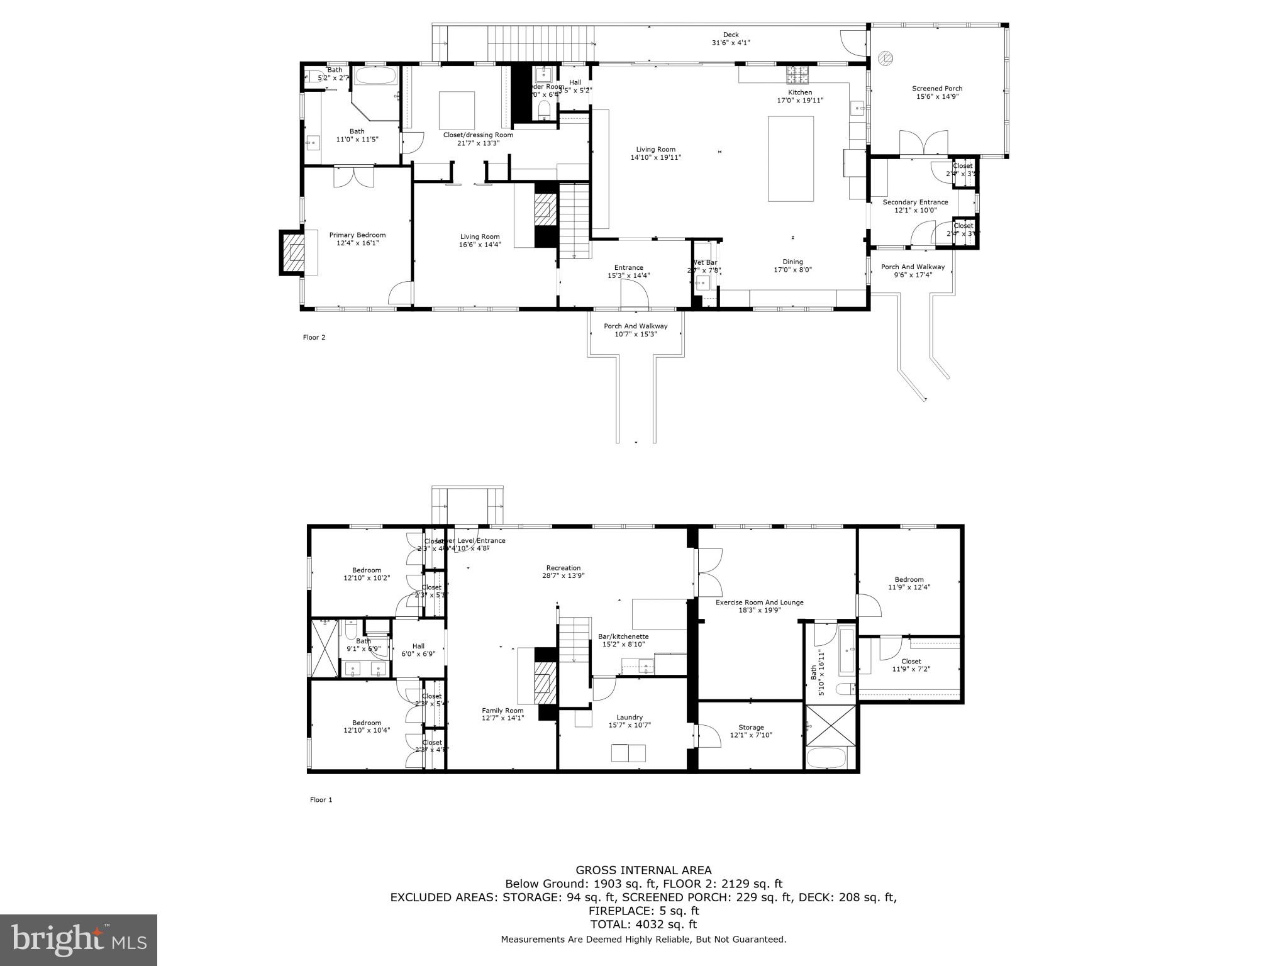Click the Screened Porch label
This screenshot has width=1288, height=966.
click(937, 92)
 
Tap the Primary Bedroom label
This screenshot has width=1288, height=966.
click(357, 239)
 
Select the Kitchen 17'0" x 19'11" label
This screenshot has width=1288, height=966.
click(800, 96)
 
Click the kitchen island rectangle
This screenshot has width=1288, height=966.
click(791, 158)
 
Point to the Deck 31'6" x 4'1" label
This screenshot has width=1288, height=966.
click(730, 39)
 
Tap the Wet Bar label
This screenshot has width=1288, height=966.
click(704, 266)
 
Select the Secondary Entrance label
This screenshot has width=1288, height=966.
click(915, 206)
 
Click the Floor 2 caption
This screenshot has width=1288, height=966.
click(314, 338)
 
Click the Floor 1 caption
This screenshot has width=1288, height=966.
click(321, 800)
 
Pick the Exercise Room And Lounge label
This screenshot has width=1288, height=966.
click(759, 606)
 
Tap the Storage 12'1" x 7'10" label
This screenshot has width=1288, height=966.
click(751, 731)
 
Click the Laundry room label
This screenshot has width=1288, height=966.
click(629, 721)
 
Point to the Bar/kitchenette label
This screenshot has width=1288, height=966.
click(623, 640)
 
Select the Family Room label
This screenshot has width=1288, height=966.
click(502, 714)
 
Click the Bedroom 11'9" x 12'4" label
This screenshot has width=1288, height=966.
click(909, 583)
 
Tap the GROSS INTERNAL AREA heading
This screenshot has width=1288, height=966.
click(643, 870)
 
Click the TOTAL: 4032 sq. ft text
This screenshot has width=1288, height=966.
click(643, 924)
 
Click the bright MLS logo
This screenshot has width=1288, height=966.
click(79, 940)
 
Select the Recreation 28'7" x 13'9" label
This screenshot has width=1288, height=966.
click(563, 571)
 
